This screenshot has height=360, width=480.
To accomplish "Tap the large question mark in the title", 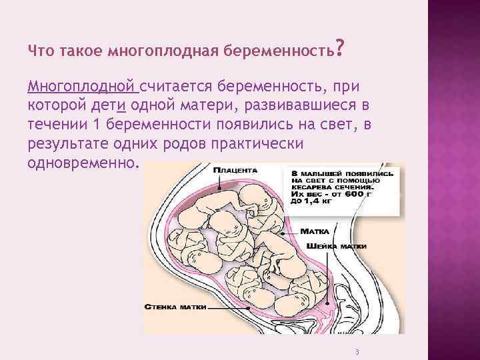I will pos(341,47).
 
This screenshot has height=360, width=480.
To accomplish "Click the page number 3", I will pos(358,351).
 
